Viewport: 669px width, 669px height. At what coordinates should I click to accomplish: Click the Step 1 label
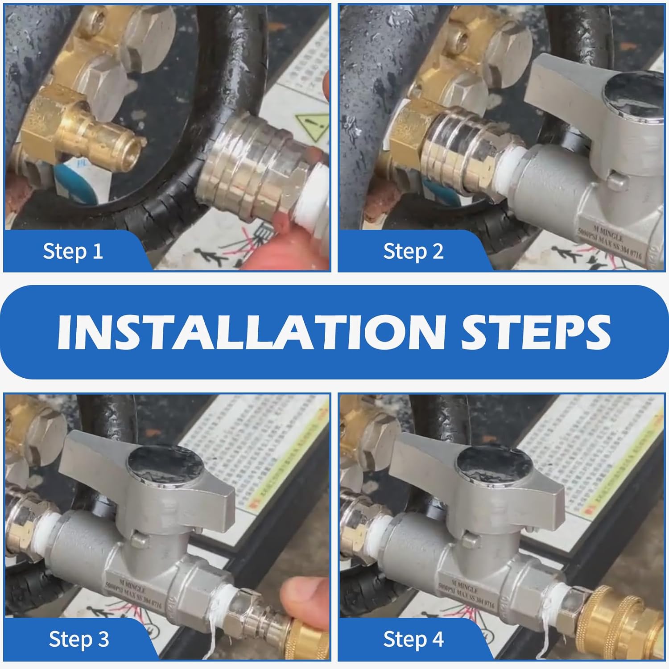pyautogui.click(x=73, y=251)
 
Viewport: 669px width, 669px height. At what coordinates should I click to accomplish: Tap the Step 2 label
pyautogui.click(x=413, y=251)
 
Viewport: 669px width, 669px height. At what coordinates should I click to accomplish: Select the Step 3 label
pyautogui.click(x=78, y=639)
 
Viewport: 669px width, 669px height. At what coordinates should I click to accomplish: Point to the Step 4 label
pyautogui.click(x=413, y=639)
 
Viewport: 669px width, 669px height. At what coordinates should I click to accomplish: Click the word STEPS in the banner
pyautogui.click(x=535, y=332)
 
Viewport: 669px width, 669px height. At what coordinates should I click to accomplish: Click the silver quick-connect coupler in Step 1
pyautogui.click(x=250, y=169)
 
